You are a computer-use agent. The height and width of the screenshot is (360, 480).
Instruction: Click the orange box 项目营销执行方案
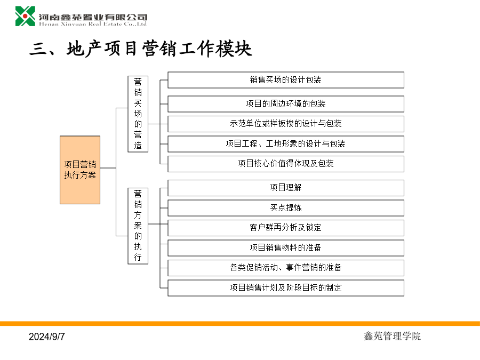80,170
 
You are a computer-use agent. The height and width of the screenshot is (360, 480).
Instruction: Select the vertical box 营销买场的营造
138,114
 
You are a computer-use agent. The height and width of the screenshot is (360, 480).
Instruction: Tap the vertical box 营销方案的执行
138,226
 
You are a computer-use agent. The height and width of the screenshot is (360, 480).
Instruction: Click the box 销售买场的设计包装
286,80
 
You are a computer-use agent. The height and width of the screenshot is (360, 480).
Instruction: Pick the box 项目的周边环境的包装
286,104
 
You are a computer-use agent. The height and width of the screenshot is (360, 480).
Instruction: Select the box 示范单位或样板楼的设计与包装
286,124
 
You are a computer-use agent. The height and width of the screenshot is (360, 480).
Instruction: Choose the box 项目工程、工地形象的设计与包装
286,144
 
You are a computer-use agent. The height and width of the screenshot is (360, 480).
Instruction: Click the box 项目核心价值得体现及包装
286,164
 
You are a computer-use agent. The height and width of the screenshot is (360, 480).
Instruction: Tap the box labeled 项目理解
286,188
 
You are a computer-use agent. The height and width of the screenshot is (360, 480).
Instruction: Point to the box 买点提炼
286,208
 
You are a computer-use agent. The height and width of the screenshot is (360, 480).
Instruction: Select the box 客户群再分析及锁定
286,228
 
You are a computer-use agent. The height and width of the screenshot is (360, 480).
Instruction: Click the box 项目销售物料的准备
286,247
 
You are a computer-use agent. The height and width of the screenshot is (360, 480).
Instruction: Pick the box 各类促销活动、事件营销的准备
286,268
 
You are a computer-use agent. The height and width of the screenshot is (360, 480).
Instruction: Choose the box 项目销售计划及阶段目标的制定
286,288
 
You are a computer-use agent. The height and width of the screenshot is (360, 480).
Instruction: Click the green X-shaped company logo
25,16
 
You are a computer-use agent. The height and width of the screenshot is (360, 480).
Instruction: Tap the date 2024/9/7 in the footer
47,337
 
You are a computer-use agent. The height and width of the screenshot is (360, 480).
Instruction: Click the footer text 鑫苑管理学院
392,336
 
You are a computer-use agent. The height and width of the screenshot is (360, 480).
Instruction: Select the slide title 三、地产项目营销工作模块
141,49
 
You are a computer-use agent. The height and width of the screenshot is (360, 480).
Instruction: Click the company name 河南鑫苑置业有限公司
93,17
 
